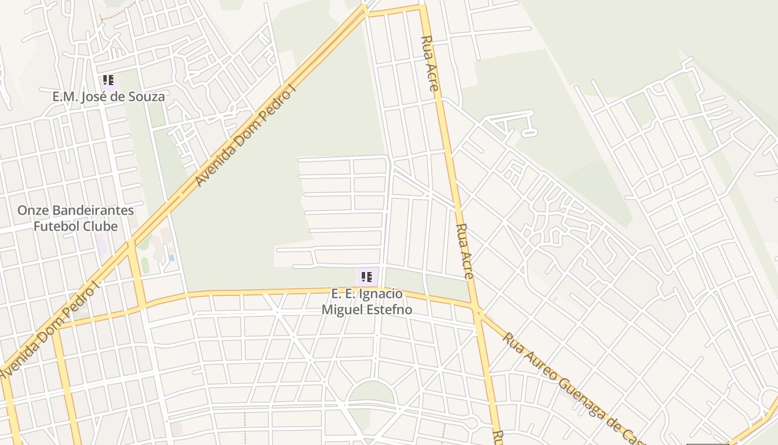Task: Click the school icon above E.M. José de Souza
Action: coord(108,80)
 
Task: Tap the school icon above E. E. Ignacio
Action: coord(366,276)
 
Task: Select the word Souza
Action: coord(146,97)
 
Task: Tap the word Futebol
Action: coord(56,226)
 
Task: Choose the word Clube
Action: coord(100,226)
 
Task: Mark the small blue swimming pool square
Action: coord(171,258)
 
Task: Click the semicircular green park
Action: coord(371,393)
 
